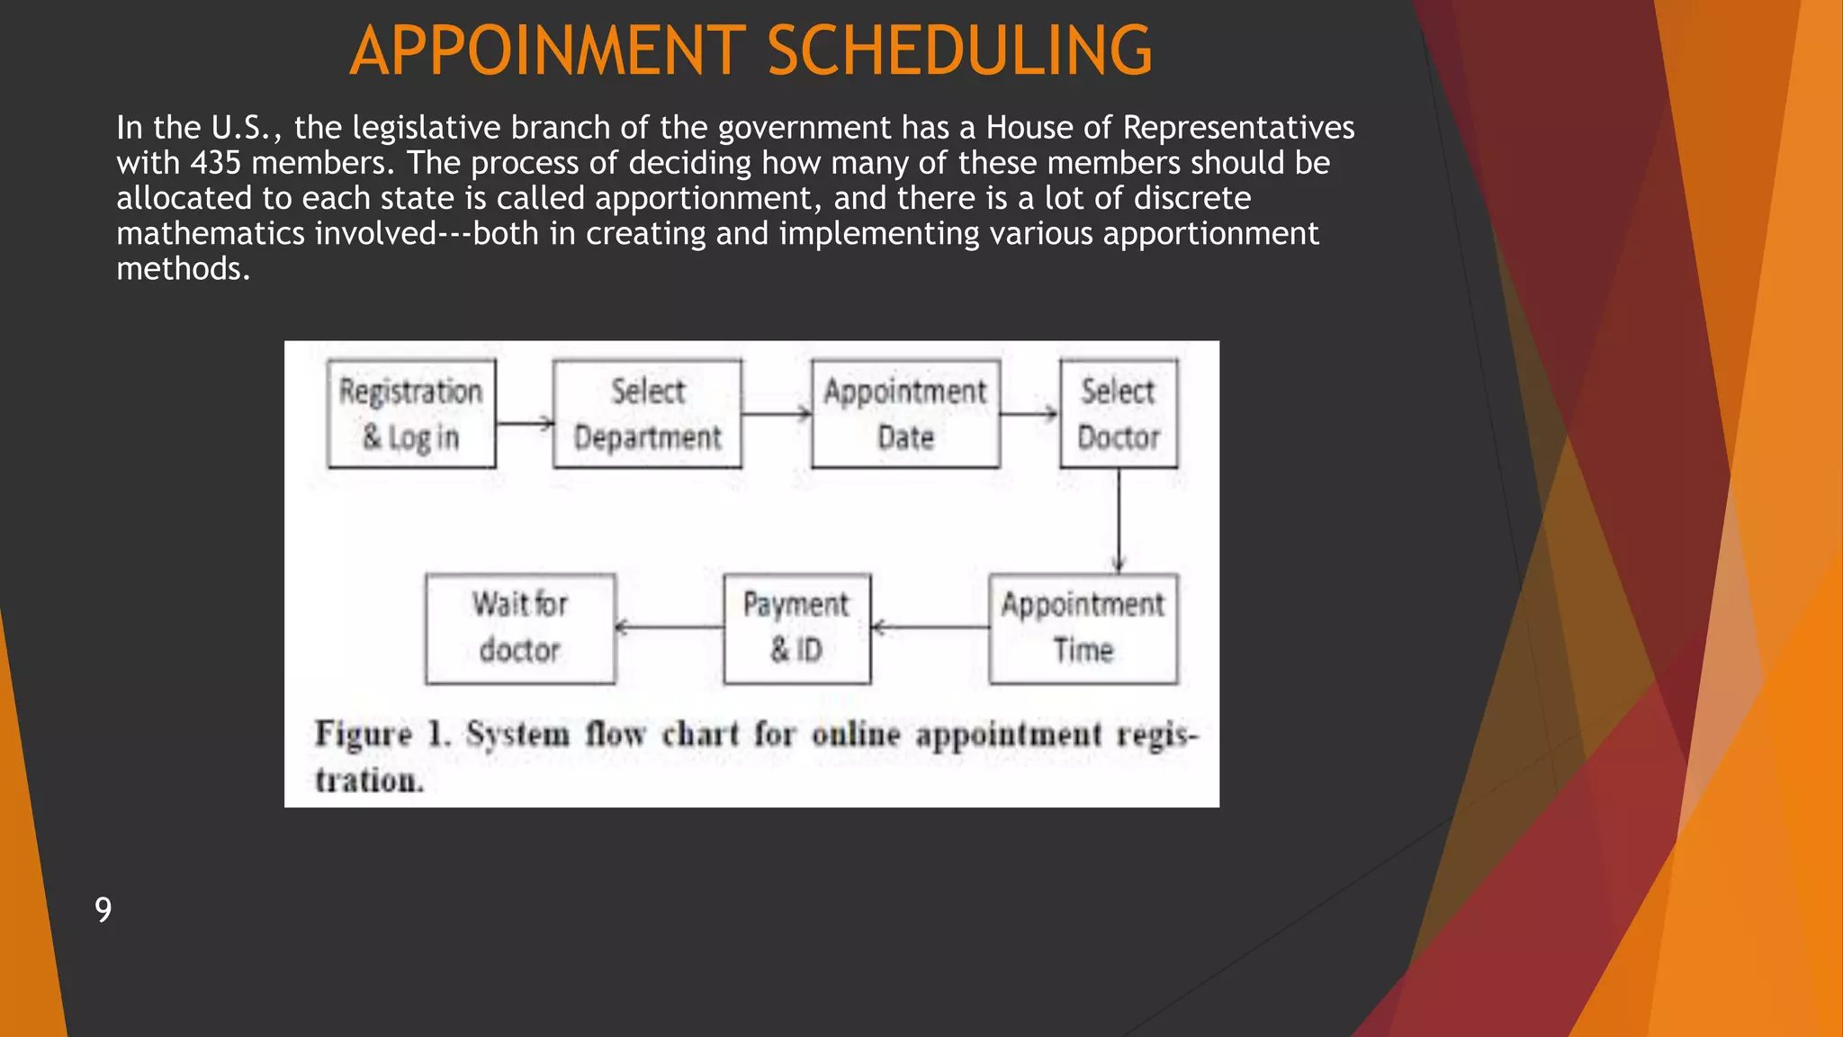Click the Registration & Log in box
click(x=411, y=414)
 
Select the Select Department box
click(x=647, y=414)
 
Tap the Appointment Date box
click(x=905, y=414)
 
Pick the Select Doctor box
click(x=1119, y=414)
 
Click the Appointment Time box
click(x=1083, y=628)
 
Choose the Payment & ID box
click(x=796, y=628)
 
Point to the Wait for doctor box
click(x=520, y=628)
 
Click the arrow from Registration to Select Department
click(x=525, y=422)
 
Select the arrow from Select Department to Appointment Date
click(x=777, y=414)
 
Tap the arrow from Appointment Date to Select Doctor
click(x=1029, y=414)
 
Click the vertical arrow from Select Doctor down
click(x=1119, y=520)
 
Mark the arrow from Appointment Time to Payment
click(x=930, y=627)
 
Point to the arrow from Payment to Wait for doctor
click(x=670, y=627)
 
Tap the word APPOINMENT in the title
click(x=547, y=50)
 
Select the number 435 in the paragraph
click(x=215, y=163)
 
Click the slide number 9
click(x=103, y=909)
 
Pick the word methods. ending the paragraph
click(x=183, y=268)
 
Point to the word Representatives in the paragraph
click(x=1238, y=128)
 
